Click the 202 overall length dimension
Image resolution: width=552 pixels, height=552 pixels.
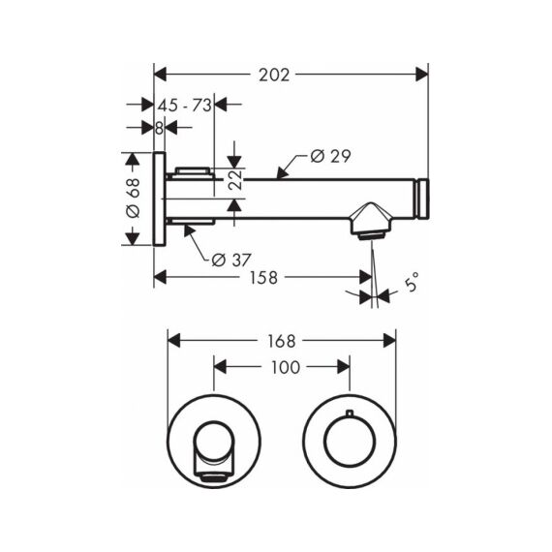[274, 75]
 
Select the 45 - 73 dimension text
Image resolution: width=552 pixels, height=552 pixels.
[184, 106]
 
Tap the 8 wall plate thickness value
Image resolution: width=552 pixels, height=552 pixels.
[159, 128]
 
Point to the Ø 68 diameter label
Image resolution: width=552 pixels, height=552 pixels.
[133, 199]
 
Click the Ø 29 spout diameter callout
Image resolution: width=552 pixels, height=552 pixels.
[331, 156]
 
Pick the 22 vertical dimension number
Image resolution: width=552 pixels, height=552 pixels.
[234, 179]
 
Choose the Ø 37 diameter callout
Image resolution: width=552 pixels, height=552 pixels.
[231, 261]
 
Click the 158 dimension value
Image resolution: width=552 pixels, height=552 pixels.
[263, 277]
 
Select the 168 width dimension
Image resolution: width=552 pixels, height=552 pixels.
[281, 341]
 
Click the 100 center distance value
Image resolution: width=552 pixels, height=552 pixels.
[286, 367]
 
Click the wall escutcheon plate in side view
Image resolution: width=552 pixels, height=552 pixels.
[160, 199]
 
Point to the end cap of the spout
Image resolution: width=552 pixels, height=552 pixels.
[422, 199]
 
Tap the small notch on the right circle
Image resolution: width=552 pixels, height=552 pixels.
[349, 413]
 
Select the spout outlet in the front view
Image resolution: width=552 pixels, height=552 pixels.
[213, 477]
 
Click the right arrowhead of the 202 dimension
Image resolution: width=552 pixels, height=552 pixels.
[421, 75]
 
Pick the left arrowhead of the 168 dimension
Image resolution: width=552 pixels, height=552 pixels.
[174, 341]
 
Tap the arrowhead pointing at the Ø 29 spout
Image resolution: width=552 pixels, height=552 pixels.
[283, 173]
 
